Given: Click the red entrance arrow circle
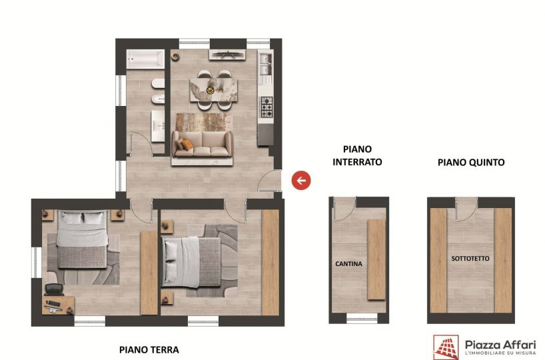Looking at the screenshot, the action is [301, 181].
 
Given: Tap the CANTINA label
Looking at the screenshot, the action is [348, 264].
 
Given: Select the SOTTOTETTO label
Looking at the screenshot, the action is [470, 259].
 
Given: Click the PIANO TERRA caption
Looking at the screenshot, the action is [149, 349].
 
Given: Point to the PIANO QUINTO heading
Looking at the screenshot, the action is [471, 162].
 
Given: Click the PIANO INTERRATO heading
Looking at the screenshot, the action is [357, 155].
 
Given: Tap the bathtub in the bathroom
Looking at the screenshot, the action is [145, 59].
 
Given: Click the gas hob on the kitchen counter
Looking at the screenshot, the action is [267, 107].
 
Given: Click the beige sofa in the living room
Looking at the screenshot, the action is [203, 144].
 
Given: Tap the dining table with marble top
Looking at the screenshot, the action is [214, 90].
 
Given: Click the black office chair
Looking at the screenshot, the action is [54, 290].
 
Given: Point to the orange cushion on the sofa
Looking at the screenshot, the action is [187, 145].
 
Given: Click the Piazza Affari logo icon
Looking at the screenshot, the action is [446, 347].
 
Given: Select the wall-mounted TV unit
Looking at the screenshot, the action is [227, 54].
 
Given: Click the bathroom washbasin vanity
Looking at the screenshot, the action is [158, 126].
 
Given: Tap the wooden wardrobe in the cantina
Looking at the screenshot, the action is [376, 259].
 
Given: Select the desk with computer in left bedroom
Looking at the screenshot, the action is [59, 305].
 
